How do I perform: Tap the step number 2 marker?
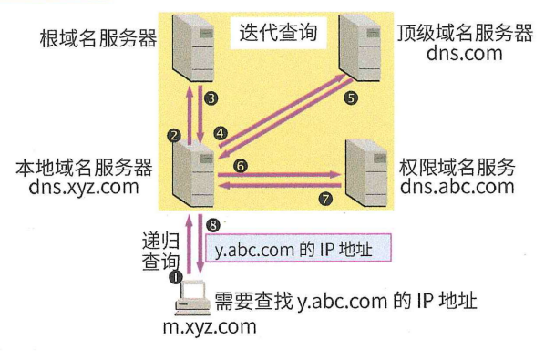[174, 135]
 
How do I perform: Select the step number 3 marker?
[211, 97]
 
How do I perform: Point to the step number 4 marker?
[220, 132]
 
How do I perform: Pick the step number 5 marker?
[353, 96]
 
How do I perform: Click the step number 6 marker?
[240, 166]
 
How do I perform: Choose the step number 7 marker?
[326, 197]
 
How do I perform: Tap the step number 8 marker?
[213, 224]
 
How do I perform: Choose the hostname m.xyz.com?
[215, 325]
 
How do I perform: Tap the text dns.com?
[464, 55]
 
